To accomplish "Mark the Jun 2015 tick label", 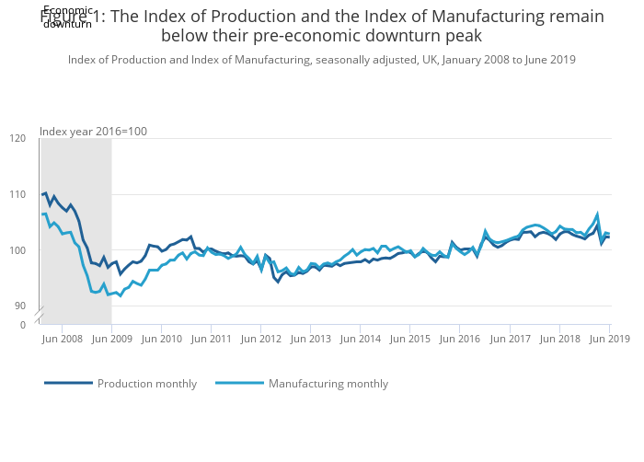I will coord(409,339).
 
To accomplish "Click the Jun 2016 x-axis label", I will coord(459,339).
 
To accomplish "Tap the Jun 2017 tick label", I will coord(509,339).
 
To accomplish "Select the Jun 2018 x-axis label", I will coord(558,339).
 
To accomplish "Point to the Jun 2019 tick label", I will coord(608,339).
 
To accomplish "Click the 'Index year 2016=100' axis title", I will coord(93,132).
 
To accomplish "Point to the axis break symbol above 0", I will coord(40,316).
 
